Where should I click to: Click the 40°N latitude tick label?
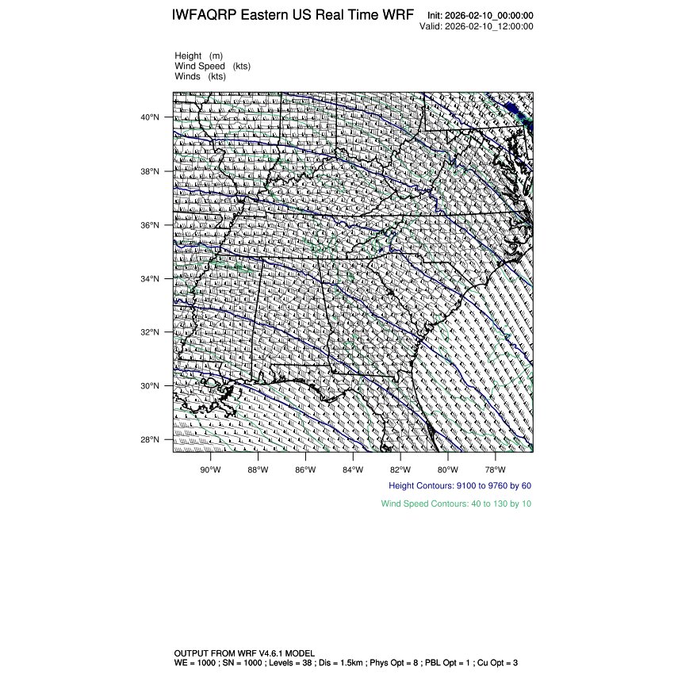[150, 117]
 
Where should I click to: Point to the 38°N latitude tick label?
[150, 171]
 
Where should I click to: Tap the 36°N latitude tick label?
[150, 225]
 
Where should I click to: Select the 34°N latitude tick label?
[150, 279]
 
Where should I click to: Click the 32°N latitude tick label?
[150, 332]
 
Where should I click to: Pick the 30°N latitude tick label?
[150, 386]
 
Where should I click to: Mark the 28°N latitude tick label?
[150, 440]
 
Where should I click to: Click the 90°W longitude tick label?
[210, 468]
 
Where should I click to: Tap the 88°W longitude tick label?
[258, 468]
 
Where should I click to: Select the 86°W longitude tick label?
[305, 468]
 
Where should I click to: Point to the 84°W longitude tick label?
[353, 468]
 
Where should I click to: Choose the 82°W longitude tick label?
[400, 468]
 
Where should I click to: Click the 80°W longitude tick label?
[448, 468]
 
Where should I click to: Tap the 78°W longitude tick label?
[496, 468]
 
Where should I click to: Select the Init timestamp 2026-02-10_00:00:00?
[489, 16]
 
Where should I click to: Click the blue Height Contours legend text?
[460, 485]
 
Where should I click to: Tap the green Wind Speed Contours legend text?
[456, 504]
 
